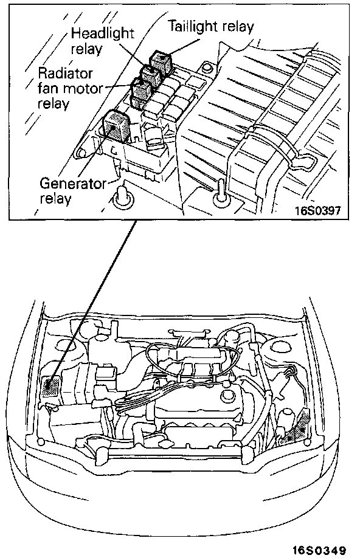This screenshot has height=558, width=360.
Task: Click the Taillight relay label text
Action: (x=210, y=27)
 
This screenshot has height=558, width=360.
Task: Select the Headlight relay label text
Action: (x=102, y=41)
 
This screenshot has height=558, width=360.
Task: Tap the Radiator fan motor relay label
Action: (x=70, y=88)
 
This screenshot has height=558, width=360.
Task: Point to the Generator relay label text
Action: (x=72, y=191)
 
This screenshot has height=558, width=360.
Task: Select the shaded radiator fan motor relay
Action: (x=141, y=91)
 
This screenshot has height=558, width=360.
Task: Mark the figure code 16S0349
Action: (x=319, y=550)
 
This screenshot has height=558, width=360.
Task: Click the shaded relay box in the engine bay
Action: (x=51, y=388)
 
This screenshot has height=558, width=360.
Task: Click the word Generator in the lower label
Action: (x=72, y=184)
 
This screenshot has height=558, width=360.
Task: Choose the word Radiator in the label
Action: (x=65, y=73)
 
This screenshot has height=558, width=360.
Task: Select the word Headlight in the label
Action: (x=102, y=33)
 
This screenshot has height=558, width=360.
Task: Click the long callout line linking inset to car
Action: (x=93, y=299)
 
